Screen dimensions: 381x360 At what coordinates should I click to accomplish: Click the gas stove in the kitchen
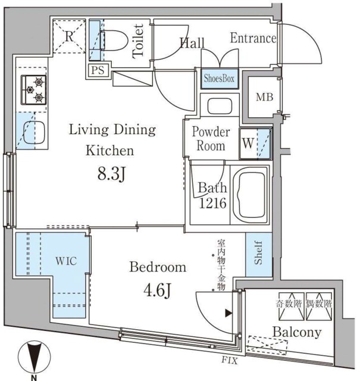[x=33, y=89]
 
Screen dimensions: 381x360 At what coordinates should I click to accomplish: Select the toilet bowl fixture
[x=113, y=40]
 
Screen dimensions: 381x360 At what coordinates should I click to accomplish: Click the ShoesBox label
[x=220, y=79]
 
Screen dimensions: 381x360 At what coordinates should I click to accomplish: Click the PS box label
[x=99, y=70]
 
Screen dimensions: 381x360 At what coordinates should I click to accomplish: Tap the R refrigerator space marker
[x=69, y=35]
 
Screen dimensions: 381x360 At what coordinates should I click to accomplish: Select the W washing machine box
[x=247, y=144]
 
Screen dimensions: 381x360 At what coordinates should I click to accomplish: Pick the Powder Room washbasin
[x=220, y=107]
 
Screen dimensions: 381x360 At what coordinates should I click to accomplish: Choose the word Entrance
[x=253, y=39]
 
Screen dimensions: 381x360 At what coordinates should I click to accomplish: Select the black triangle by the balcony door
[x=227, y=313]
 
